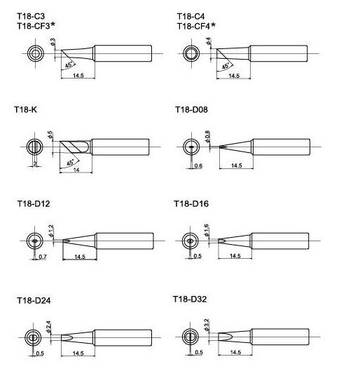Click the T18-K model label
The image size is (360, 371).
tap(25, 110)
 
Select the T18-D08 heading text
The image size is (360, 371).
tap(191, 110)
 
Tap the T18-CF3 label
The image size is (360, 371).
tap(36, 25)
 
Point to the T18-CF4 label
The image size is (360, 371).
tap(196, 26)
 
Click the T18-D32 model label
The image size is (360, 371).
tap(190, 299)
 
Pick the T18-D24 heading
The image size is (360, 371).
tap(34, 300)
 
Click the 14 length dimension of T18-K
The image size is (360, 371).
tap(76, 170)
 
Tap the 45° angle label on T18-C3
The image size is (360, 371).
tap(69, 65)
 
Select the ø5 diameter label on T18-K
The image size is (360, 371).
tap(50, 135)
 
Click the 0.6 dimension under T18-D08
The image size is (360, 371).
tap(198, 166)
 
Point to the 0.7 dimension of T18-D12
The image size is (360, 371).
tap(43, 257)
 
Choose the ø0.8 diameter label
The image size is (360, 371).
tap(207, 137)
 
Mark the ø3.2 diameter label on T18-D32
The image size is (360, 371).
tap(206, 325)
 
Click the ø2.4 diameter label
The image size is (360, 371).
tap(48, 327)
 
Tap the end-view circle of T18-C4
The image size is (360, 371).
tap(191, 53)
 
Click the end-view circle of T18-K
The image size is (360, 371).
tap(35, 147)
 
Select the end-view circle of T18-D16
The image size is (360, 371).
tap(191, 241)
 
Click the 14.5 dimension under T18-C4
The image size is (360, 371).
tap(234, 76)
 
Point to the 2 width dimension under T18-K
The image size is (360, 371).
tap(35, 163)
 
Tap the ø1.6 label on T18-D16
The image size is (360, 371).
tap(206, 230)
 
